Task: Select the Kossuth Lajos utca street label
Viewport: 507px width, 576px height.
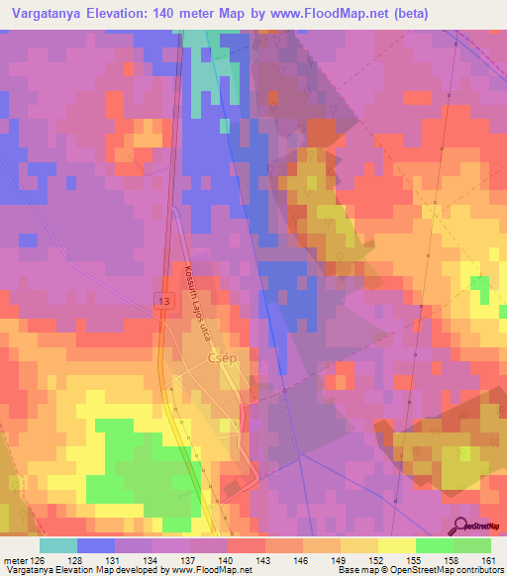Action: point(197,302)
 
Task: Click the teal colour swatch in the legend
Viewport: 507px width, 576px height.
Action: point(57,545)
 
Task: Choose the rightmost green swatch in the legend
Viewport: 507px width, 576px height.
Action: point(471,545)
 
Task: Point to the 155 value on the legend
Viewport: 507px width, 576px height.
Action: point(414,560)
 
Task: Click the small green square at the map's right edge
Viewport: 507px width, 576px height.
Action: point(480,286)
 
